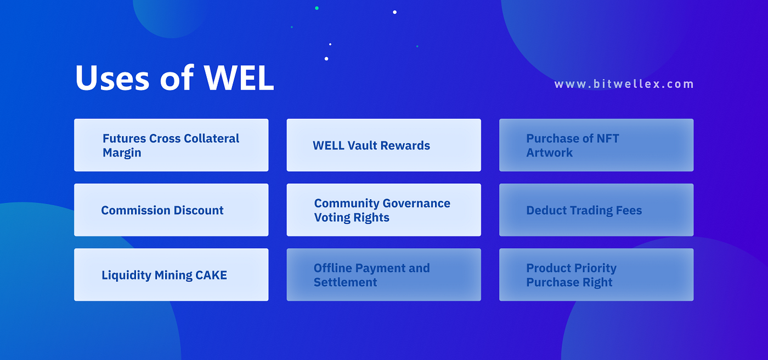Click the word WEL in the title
coord(239,78)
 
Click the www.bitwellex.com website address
coord(624,84)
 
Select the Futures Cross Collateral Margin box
coord(171,145)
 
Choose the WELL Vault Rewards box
coord(383,145)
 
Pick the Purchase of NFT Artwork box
coord(596,145)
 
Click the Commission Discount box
coord(171,210)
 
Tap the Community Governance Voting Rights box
coord(383,210)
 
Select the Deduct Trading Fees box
coord(596,210)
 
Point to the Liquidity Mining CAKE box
coord(171,274)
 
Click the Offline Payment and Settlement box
coord(383,274)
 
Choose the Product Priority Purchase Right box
coord(596,274)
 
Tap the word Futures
coord(124,138)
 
